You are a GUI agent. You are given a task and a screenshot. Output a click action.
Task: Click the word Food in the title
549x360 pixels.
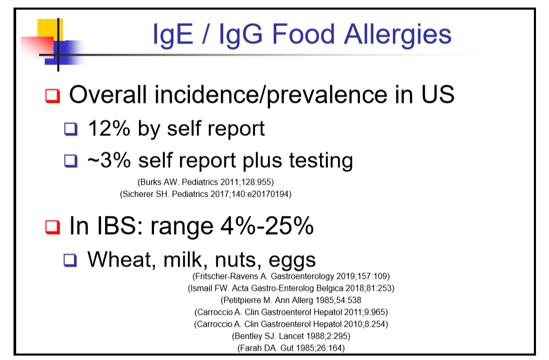point(303,34)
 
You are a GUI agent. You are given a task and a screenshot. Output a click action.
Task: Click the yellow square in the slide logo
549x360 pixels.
point(50,30)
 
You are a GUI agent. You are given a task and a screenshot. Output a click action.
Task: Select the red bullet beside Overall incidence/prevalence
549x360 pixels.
point(53,96)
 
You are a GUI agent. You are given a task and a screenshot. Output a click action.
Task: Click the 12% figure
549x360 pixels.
point(109,128)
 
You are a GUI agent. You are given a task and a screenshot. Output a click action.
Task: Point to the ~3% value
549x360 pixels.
point(109,160)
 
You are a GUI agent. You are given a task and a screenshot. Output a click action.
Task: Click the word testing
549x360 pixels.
point(321,161)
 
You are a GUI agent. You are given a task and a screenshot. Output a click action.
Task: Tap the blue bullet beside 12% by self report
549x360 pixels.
point(71,129)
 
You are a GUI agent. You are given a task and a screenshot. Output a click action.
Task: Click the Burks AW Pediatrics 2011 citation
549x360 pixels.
point(206,182)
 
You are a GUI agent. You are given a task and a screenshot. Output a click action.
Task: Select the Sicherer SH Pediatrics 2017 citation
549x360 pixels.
point(206,194)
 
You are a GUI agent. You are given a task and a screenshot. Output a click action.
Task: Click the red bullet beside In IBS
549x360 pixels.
point(53,227)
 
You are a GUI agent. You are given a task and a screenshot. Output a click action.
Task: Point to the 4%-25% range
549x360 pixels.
point(267,226)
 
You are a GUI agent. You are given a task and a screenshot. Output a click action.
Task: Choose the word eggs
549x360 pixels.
point(292,261)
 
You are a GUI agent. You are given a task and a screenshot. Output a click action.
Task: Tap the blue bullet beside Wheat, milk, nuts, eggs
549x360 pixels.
point(70,260)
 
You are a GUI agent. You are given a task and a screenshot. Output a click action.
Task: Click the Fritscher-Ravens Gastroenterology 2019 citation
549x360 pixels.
point(291,276)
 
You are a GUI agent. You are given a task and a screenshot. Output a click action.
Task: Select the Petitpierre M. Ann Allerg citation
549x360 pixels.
point(291,300)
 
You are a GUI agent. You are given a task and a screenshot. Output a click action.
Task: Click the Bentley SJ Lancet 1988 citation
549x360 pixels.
point(291,336)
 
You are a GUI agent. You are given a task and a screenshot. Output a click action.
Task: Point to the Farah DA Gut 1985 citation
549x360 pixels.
point(291,348)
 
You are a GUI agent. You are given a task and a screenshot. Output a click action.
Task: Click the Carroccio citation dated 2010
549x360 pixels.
point(291,324)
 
